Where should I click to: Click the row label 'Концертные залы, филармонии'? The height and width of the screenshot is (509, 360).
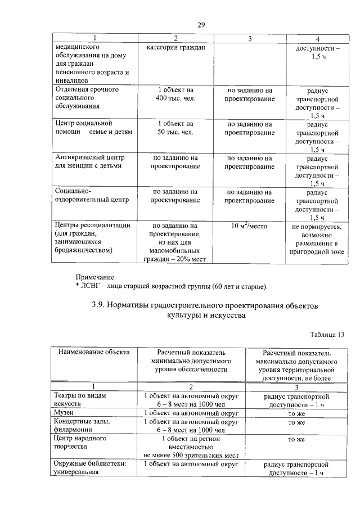tap(79, 426)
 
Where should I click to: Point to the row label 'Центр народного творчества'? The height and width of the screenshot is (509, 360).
tap(79, 442)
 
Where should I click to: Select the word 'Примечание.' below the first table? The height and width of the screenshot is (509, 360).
tap(96, 277)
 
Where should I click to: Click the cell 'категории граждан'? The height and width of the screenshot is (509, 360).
tap(175, 48)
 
